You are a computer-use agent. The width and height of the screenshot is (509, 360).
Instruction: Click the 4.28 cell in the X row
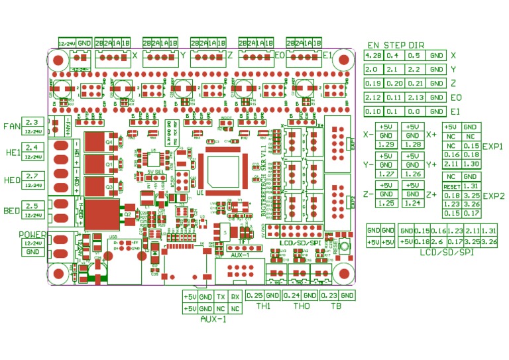(373, 56)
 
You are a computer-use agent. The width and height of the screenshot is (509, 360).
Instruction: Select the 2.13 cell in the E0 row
(414, 97)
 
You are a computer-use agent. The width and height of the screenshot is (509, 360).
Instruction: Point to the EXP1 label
(492, 146)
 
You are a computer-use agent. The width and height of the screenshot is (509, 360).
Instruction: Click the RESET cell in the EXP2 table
(451, 186)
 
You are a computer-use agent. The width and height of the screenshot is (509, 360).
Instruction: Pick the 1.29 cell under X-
(386, 145)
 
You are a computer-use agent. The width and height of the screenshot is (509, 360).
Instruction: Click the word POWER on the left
(32, 234)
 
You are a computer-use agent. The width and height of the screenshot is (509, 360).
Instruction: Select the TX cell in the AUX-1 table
(221, 297)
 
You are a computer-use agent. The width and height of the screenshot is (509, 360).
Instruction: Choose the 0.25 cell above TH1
(255, 295)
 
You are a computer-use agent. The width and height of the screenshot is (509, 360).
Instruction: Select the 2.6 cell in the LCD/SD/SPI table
(438, 242)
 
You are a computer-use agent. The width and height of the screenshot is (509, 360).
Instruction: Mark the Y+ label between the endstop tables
(431, 164)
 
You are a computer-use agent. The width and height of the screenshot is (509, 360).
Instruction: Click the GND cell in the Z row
(435, 84)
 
